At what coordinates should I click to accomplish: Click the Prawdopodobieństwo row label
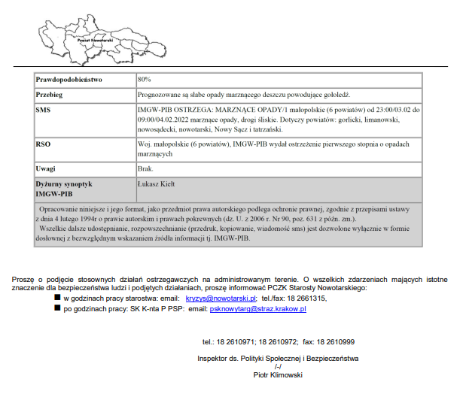(x=69, y=79)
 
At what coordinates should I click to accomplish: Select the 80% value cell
(x=145, y=79)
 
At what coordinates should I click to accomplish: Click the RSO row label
(x=43, y=143)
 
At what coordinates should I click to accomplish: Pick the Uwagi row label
(x=46, y=168)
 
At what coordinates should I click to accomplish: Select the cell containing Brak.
(x=146, y=168)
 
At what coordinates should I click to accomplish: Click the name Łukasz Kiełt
(x=157, y=183)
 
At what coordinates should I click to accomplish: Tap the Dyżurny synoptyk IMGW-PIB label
(x=64, y=188)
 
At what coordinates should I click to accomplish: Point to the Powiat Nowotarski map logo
(x=94, y=33)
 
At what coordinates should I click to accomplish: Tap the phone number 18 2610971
(x=239, y=341)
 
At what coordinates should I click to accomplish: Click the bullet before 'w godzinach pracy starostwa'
(x=78, y=298)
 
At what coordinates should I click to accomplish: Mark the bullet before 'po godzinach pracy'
(x=78, y=308)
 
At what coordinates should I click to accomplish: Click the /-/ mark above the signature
(x=278, y=366)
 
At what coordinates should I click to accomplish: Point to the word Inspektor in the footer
(x=214, y=359)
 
